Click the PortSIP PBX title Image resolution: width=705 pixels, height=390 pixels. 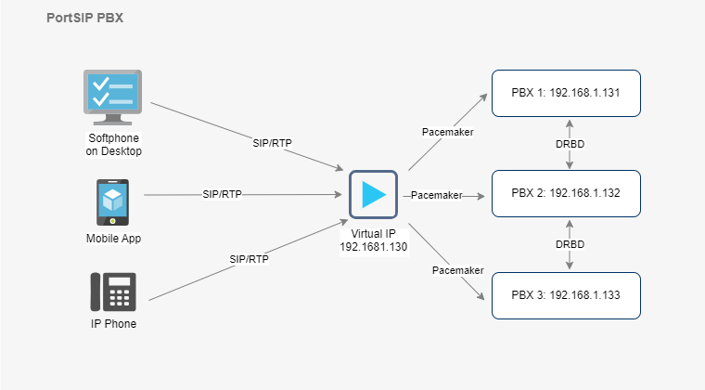coord(84,18)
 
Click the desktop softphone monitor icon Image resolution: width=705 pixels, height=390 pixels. coord(113,97)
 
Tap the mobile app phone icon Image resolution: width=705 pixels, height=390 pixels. coord(113,201)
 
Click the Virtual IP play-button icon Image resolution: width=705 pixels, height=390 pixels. coord(373,194)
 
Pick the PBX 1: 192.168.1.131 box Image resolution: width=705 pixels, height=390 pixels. coord(566,93)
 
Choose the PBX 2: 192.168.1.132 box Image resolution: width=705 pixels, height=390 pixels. coord(566,193)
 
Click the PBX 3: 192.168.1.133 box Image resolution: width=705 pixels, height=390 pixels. coord(566,295)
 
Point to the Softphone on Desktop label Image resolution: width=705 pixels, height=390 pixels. coord(113,144)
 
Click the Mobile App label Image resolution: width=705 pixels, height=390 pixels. coord(113,239)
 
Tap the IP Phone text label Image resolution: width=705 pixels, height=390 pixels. coord(113,324)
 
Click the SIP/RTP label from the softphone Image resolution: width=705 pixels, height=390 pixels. coord(273,144)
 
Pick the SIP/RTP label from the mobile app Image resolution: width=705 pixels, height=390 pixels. coord(222,195)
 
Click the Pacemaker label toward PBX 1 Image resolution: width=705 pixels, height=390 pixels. coord(447,132)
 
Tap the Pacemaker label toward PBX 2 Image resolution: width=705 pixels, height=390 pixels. coord(436,195)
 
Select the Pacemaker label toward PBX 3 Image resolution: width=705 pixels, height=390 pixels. coord(458,270)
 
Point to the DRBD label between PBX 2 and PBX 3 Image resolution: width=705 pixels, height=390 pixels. coord(570,243)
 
